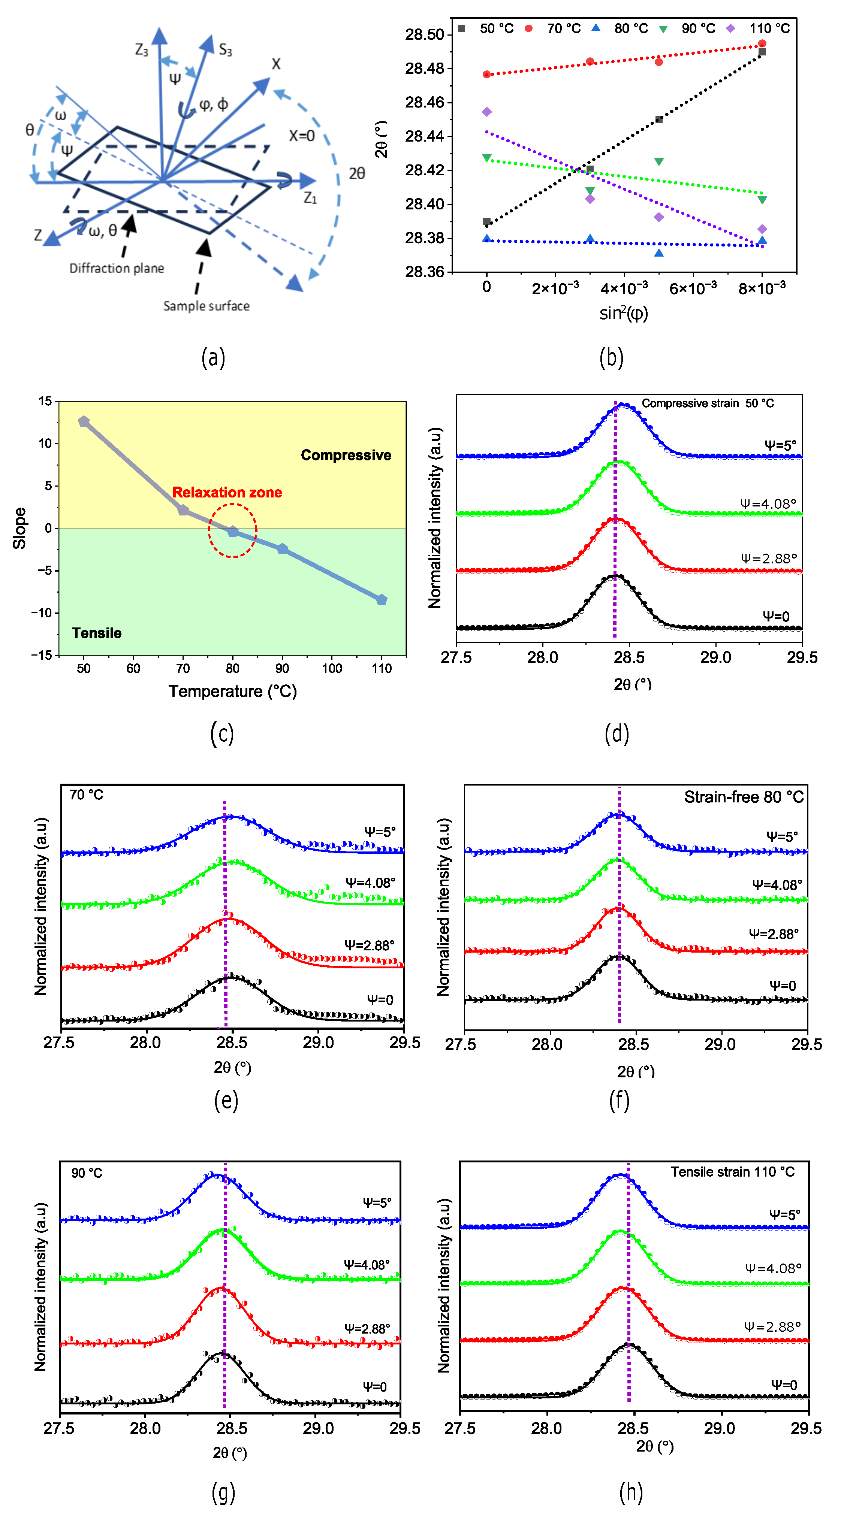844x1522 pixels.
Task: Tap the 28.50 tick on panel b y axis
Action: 424,34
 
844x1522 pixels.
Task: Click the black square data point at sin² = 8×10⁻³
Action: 762,52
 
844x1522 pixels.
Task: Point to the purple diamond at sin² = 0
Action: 486,112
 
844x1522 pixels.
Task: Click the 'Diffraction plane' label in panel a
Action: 117,268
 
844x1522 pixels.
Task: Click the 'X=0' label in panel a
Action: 301,136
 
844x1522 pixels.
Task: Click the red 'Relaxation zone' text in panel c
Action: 227,492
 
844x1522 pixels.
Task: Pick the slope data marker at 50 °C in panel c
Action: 84,421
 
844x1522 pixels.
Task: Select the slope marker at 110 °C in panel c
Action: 382,600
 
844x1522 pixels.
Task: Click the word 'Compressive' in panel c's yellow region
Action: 346,455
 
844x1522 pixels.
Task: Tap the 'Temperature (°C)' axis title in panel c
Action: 232,691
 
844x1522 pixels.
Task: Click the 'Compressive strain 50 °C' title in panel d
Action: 708,403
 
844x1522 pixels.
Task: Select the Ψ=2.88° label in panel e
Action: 370,945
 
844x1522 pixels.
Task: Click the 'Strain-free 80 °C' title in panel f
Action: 744,797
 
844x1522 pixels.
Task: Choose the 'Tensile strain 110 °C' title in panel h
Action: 732,1172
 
